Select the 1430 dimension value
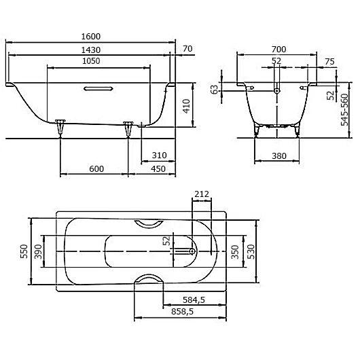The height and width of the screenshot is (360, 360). [92, 50]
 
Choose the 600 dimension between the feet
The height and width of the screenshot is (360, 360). [96, 169]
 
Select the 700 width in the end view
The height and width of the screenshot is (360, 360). [278, 50]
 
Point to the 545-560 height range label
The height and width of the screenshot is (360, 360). [345, 108]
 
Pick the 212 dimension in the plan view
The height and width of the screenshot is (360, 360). [201, 194]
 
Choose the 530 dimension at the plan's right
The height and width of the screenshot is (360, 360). [251, 251]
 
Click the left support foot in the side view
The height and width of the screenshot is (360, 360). [60, 125]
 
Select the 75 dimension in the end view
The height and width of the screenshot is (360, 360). [329, 62]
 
